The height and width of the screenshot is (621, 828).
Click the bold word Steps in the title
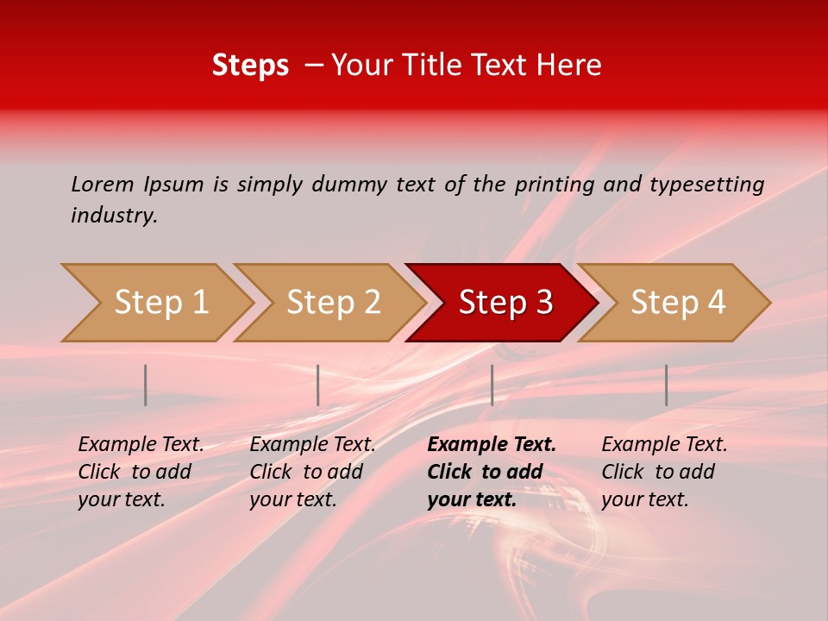click(x=250, y=66)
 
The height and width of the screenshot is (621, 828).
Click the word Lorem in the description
click(x=103, y=185)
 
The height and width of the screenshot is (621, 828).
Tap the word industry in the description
click(x=114, y=216)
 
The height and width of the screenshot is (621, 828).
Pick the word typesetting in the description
click(x=706, y=185)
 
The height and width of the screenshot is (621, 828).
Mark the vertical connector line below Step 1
click(x=146, y=385)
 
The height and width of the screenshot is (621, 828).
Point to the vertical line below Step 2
click(x=318, y=385)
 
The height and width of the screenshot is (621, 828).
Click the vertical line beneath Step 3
click(x=492, y=385)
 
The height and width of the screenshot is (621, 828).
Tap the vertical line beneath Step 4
click(x=667, y=385)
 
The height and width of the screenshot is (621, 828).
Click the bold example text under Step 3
click(x=492, y=472)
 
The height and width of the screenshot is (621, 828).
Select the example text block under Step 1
click(x=141, y=472)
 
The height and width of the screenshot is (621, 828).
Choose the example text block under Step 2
click(x=312, y=472)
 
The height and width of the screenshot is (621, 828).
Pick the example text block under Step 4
click(x=664, y=472)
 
